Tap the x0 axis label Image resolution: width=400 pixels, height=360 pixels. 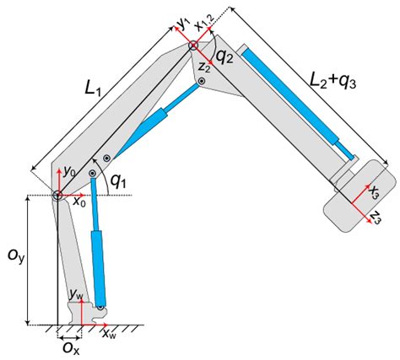(78, 202)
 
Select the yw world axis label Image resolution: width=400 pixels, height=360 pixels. (77, 294)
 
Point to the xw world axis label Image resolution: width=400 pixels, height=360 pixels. (110, 334)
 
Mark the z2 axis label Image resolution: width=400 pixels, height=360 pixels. (204, 67)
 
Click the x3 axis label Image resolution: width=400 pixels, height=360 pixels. (375, 192)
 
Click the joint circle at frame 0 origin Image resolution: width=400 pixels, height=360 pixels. (57, 196)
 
